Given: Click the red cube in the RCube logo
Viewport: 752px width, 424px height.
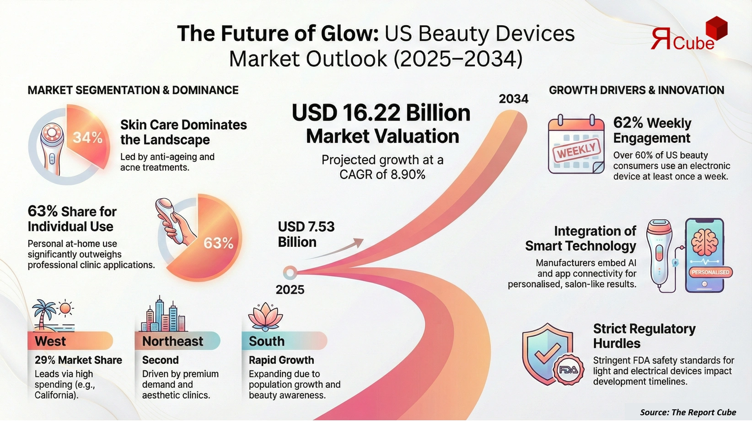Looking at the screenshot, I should (x=716, y=28).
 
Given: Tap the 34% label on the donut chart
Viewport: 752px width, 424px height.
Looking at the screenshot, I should (x=87, y=137).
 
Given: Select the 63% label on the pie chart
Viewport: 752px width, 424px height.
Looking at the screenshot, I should (x=218, y=243).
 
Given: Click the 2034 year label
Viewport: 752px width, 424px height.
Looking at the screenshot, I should (x=513, y=99).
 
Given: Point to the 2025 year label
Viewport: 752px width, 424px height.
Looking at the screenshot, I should (x=290, y=289).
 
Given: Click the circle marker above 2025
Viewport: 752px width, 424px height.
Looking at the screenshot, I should (x=289, y=273).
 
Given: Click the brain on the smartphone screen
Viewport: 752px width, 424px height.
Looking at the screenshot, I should (x=704, y=242).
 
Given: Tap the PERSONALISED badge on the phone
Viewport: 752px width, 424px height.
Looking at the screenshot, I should (x=710, y=272).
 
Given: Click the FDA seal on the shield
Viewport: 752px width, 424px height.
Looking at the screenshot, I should (x=568, y=370).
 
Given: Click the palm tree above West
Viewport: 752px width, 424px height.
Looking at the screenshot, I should (x=45, y=313).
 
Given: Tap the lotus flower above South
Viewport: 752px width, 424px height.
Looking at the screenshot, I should (x=265, y=316).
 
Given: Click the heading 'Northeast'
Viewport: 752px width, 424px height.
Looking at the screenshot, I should (x=172, y=341).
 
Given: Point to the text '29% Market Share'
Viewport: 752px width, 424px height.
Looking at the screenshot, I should (x=78, y=360).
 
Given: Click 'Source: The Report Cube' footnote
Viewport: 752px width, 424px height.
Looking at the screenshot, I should (x=688, y=412).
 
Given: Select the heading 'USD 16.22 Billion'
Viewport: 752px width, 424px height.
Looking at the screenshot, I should (x=381, y=113).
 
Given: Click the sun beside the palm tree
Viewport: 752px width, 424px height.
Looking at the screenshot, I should (x=66, y=308).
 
